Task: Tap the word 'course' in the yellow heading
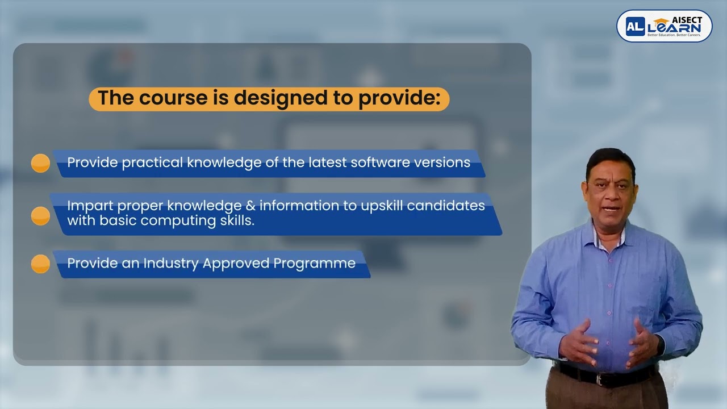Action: tap(171, 98)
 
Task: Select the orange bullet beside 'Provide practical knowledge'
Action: tap(40, 163)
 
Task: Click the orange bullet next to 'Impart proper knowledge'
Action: tap(40, 216)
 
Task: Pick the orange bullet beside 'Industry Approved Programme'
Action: tap(40, 264)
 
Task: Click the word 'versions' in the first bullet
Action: tap(446, 162)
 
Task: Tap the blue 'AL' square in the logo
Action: tap(635, 26)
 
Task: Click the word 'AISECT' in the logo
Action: tap(687, 20)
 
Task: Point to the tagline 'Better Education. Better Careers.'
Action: tap(670, 36)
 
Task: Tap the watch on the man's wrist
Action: tap(661, 345)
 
